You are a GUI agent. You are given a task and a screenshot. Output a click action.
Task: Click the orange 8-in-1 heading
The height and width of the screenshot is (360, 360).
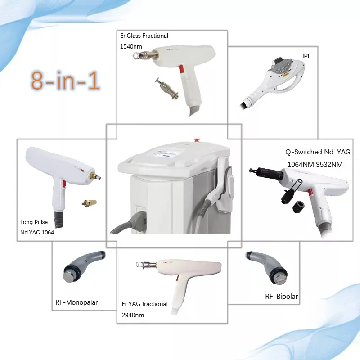[66, 80]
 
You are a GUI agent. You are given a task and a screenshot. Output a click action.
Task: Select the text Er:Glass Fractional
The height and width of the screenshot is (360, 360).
[144, 36]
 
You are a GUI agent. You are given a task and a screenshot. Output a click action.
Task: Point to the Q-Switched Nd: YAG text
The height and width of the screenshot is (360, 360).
[318, 152]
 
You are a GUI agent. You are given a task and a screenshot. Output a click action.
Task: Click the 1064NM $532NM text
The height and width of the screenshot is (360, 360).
[315, 165]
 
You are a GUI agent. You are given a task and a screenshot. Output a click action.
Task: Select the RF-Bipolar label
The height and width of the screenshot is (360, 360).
[281, 296]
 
